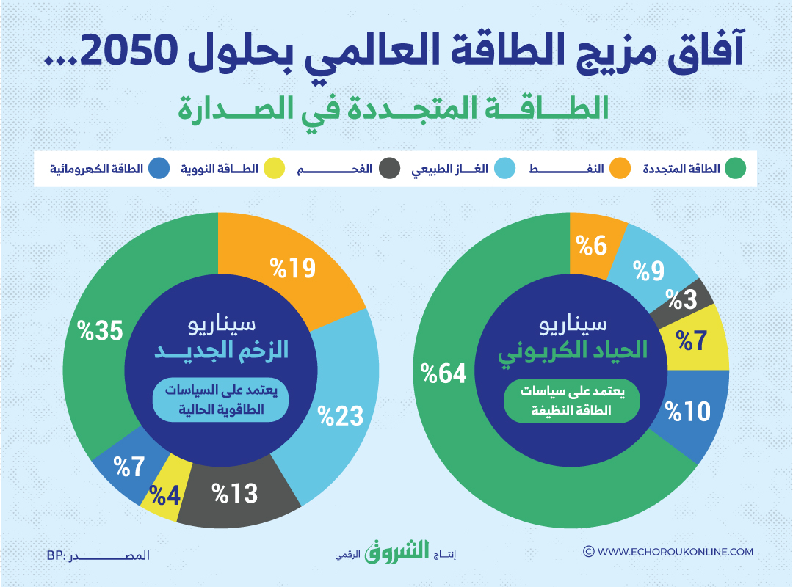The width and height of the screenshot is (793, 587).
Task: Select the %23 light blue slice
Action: (341, 415)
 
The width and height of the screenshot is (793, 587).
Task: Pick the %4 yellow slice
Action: (167, 494)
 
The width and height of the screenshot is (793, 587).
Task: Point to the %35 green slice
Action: (99, 330)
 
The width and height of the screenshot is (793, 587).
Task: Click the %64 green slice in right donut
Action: (444, 374)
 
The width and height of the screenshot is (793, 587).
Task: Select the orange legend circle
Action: (621, 169)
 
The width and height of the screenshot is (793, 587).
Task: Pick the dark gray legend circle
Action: (390, 169)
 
